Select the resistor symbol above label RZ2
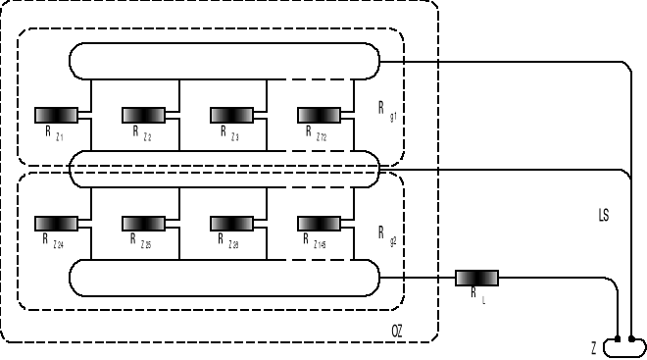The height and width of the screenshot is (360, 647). (143, 115)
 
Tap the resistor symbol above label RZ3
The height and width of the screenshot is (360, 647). (231, 115)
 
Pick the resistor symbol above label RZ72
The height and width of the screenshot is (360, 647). (319, 115)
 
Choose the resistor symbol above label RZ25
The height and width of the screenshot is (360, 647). (143, 222)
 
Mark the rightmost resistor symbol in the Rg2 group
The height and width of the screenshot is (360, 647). (319, 222)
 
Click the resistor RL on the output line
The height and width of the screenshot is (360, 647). (477, 279)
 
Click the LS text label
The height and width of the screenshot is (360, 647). (603, 215)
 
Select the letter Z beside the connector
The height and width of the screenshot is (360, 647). (594, 348)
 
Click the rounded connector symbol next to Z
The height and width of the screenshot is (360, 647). (623, 346)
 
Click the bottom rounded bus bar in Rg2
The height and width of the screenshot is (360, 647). (224, 278)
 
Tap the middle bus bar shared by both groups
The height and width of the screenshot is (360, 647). (224, 170)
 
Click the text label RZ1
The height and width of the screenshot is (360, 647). (53, 134)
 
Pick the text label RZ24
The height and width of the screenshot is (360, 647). (53, 240)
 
